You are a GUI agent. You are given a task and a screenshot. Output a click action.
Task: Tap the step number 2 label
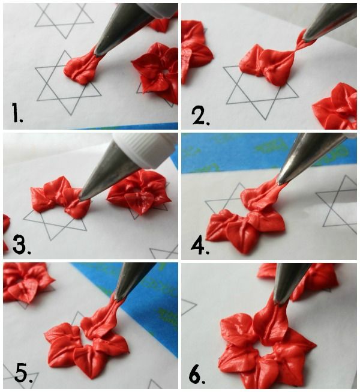pyautogui.click(x=201, y=115)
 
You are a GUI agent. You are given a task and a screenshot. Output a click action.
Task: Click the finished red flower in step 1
pyautogui.click(x=156, y=73)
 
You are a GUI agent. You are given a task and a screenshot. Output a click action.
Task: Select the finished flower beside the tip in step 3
pyautogui.click(x=139, y=191)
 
